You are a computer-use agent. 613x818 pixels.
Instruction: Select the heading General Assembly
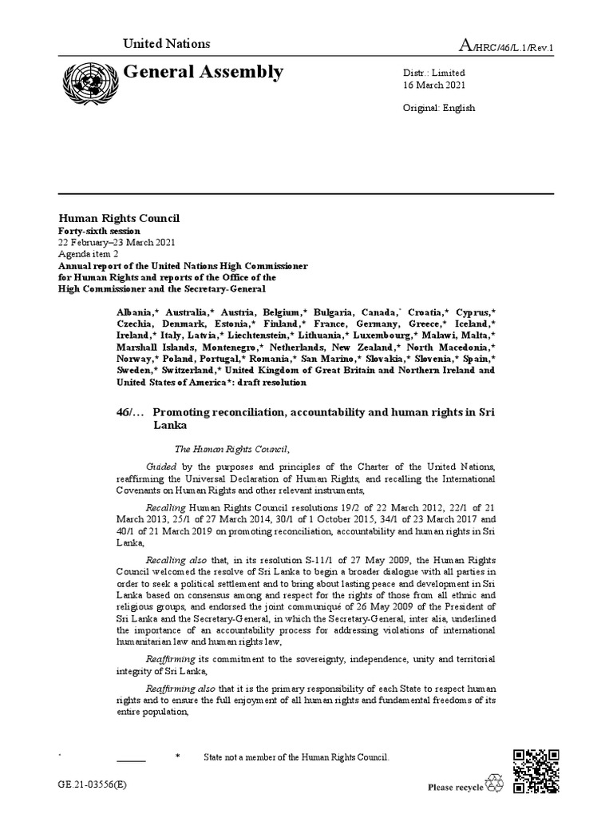(x=203, y=73)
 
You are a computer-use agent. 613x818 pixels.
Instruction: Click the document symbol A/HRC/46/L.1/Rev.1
(x=506, y=46)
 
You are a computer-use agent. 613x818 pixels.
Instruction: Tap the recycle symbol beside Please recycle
(x=496, y=785)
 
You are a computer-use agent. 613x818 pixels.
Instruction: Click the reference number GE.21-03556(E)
(x=92, y=785)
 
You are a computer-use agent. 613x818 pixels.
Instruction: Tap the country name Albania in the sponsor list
(x=133, y=310)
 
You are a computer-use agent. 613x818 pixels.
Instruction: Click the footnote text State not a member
(x=296, y=756)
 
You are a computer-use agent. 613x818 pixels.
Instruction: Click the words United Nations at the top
(x=166, y=44)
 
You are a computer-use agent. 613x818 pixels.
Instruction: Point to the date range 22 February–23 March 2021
(x=117, y=243)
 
